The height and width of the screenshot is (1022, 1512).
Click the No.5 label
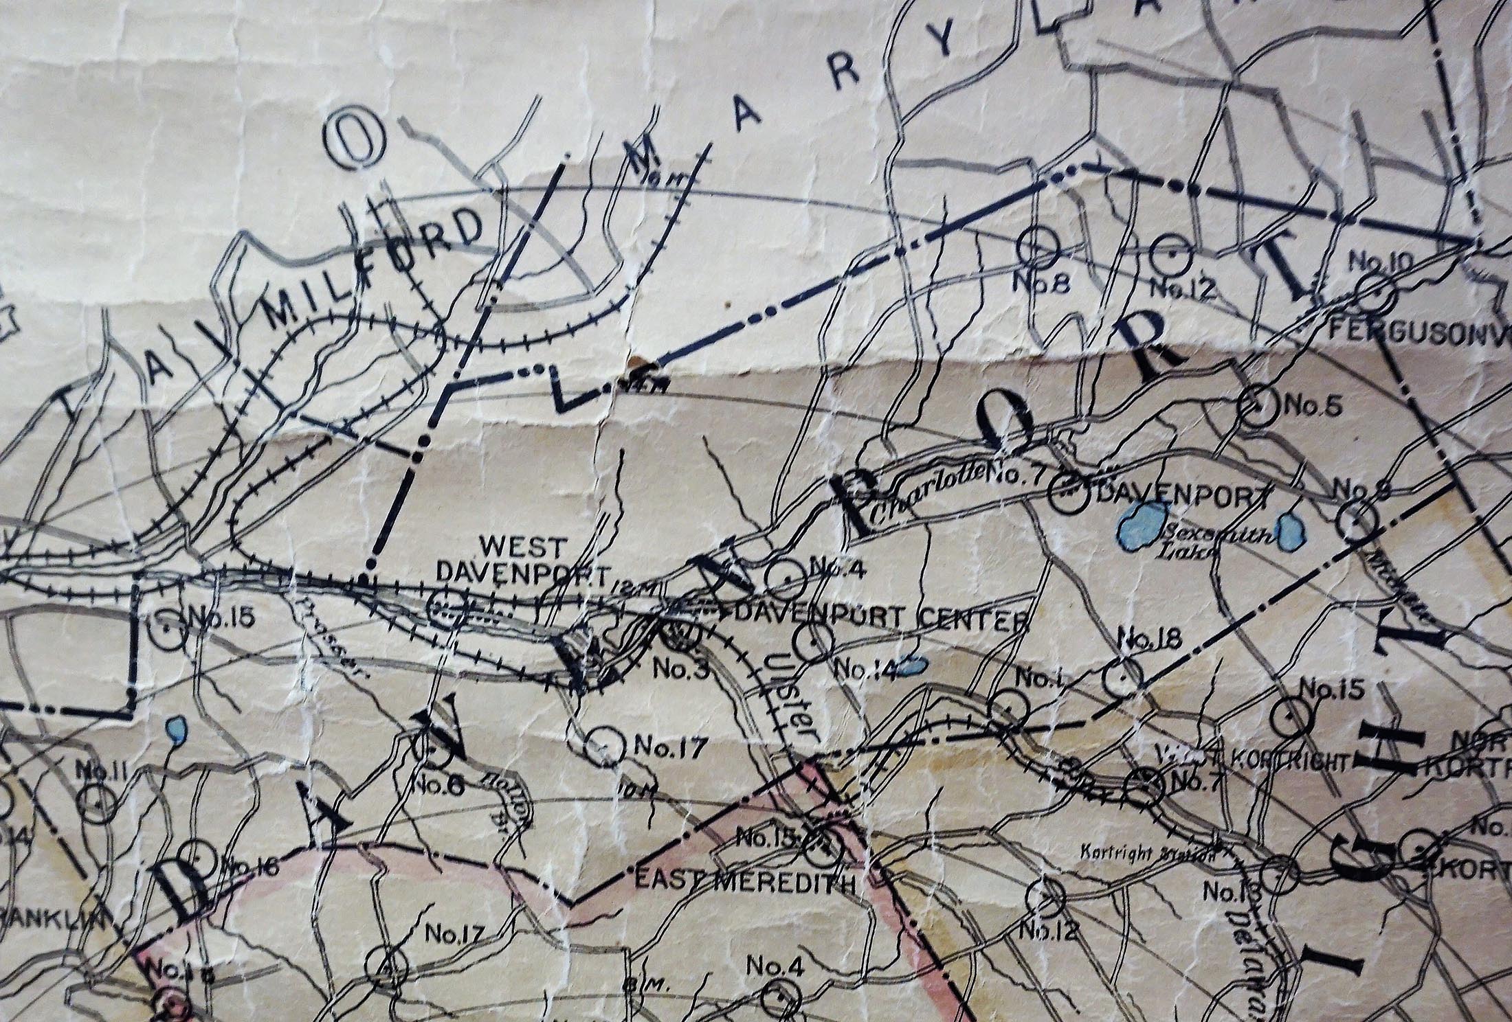[x=1311, y=407]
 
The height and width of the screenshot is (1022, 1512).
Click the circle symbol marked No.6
[x=435, y=751]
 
